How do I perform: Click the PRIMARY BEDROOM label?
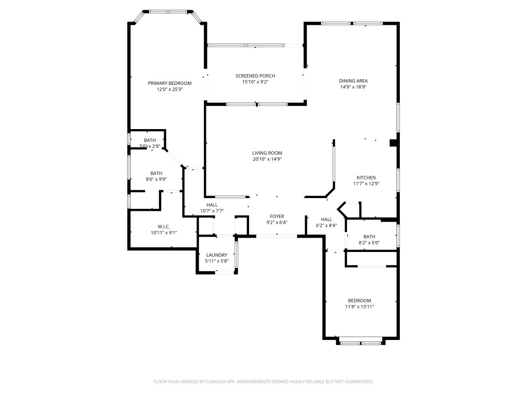169,83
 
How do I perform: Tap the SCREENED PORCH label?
255,76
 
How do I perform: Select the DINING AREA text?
353,81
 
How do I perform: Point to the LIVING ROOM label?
267,153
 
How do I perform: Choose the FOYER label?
277,217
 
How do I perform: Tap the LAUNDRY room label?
217,255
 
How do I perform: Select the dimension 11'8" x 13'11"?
359,307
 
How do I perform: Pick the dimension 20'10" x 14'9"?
267,159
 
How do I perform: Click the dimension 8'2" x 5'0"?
369,243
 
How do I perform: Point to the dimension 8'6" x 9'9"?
156,179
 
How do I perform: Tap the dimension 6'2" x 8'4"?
326,225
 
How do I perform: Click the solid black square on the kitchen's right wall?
394,143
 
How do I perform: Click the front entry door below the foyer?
277,236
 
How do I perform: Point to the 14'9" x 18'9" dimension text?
353,87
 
